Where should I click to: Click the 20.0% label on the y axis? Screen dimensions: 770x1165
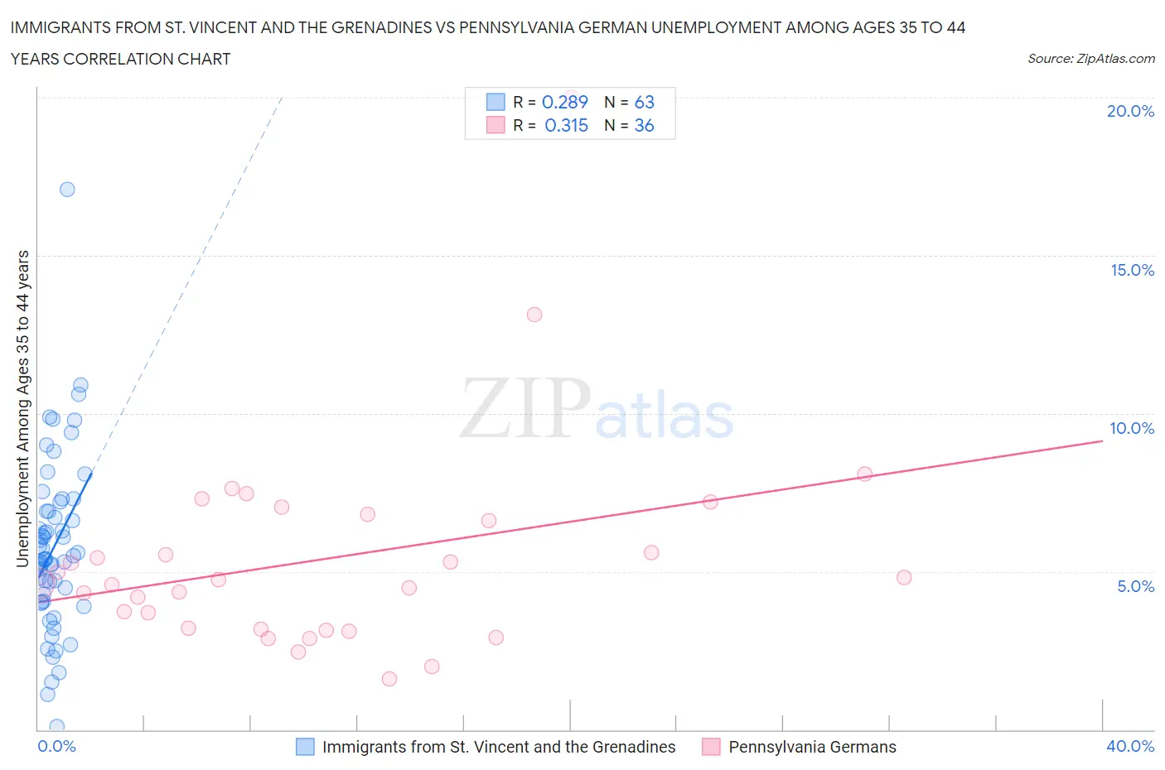click(x=1130, y=111)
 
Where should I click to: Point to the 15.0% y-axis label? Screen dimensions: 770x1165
click(x=1132, y=270)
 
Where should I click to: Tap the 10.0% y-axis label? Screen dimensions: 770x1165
click(x=1132, y=428)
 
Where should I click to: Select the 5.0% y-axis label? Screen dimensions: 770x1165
click(x=1135, y=586)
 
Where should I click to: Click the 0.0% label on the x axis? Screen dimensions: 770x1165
click(x=56, y=746)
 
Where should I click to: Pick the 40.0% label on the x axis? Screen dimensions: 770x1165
click(x=1130, y=746)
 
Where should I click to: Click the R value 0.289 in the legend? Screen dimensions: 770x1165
click(x=564, y=102)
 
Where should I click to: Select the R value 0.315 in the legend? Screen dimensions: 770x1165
click(x=566, y=125)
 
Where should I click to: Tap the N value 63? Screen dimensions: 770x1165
click(x=644, y=102)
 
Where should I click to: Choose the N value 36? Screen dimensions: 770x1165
click(x=644, y=125)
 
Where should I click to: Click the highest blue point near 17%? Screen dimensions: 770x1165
click(x=67, y=190)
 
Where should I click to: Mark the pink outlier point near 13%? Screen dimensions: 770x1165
click(x=534, y=315)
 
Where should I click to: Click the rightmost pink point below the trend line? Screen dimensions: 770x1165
click(x=904, y=577)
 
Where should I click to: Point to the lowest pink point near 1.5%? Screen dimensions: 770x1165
click(x=389, y=679)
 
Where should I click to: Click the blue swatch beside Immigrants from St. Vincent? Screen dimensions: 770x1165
click(x=305, y=747)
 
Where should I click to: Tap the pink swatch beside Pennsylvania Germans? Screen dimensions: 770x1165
click(x=711, y=747)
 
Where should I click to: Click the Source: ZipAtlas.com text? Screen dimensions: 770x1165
click(x=1090, y=59)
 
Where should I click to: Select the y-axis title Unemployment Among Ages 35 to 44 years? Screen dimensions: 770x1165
click(x=23, y=408)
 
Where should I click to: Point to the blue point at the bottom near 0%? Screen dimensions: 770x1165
click(x=57, y=727)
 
